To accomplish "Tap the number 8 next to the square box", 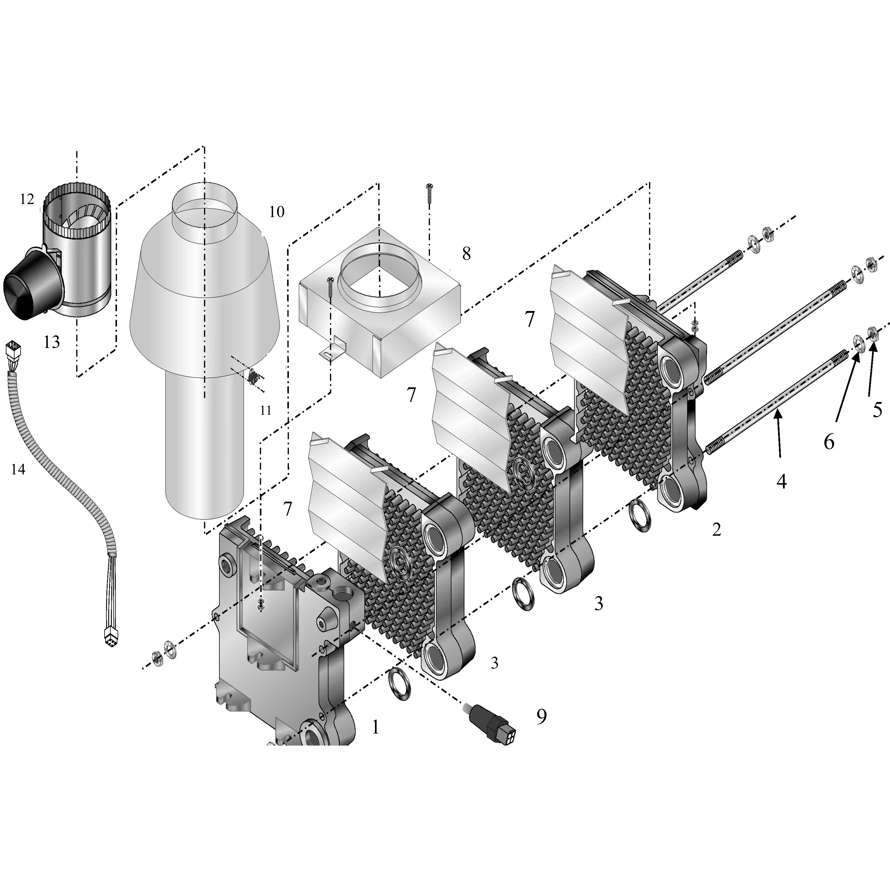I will pos(466,254).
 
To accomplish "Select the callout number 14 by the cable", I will pos(18,469).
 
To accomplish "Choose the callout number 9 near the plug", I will pos(542,716).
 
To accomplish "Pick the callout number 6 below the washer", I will pos(829,442).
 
